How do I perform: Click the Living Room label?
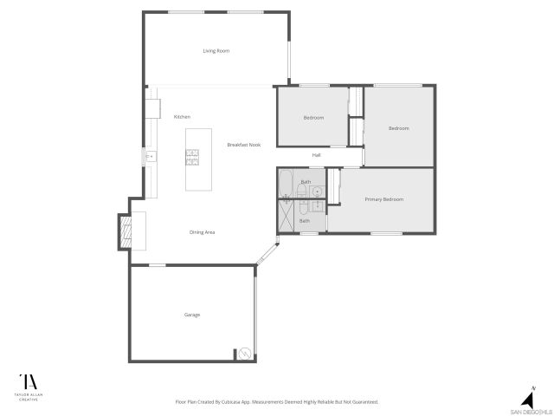(216, 51)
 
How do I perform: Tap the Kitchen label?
(182, 117)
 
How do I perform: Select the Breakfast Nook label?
(243, 145)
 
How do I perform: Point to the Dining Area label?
(202, 232)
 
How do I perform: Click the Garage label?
(192, 315)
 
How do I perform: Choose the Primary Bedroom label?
(383, 199)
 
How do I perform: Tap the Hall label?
(317, 155)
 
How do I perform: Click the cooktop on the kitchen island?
(192, 157)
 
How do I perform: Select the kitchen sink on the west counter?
(150, 157)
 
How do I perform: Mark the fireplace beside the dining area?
(125, 231)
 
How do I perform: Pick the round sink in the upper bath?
(318, 192)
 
